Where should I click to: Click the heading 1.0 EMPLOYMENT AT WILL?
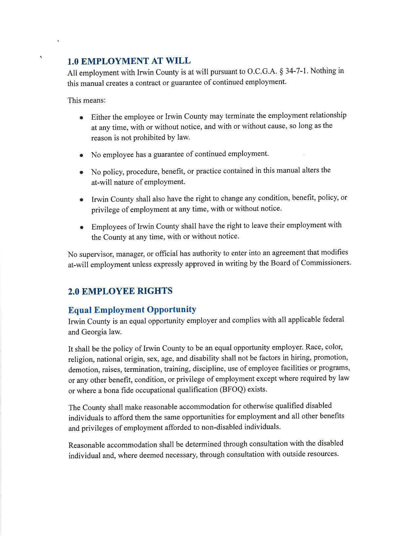click(x=129, y=61)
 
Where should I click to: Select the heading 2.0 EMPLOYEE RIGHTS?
click(x=120, y=291)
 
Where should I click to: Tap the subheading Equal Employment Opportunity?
click(x=132, y=310)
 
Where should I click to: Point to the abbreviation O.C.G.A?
click(x=262, y=71)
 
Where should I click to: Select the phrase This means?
click(x=87, y=100)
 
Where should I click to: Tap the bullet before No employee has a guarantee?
click(x=81, y=155)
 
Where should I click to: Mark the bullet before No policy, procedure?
click(x=81, y=172)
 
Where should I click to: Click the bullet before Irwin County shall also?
click(x=81, y=200)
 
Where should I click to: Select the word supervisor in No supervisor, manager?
click(x=96, y=254)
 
